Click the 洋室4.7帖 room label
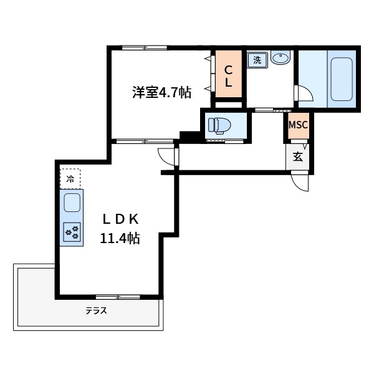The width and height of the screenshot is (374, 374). (x=161, y=93)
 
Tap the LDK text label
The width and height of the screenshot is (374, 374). (x=124, y=219)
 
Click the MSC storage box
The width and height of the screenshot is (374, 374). (x=297, y=125)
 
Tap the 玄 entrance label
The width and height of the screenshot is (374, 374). (x=298, y=156)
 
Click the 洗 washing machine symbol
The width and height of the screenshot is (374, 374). (x=257, y=60)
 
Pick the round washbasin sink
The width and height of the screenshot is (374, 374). (x=281, y=59)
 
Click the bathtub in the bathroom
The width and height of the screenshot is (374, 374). (x=342, y=79)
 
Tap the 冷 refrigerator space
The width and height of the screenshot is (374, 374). (x=70, y=179)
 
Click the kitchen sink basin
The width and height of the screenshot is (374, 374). (x=72, y=203)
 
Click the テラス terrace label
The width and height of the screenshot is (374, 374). (x=96, y=310)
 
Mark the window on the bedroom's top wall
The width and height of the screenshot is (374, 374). (x=144, y=47)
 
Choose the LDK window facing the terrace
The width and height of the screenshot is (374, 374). (x=118, y=297)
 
